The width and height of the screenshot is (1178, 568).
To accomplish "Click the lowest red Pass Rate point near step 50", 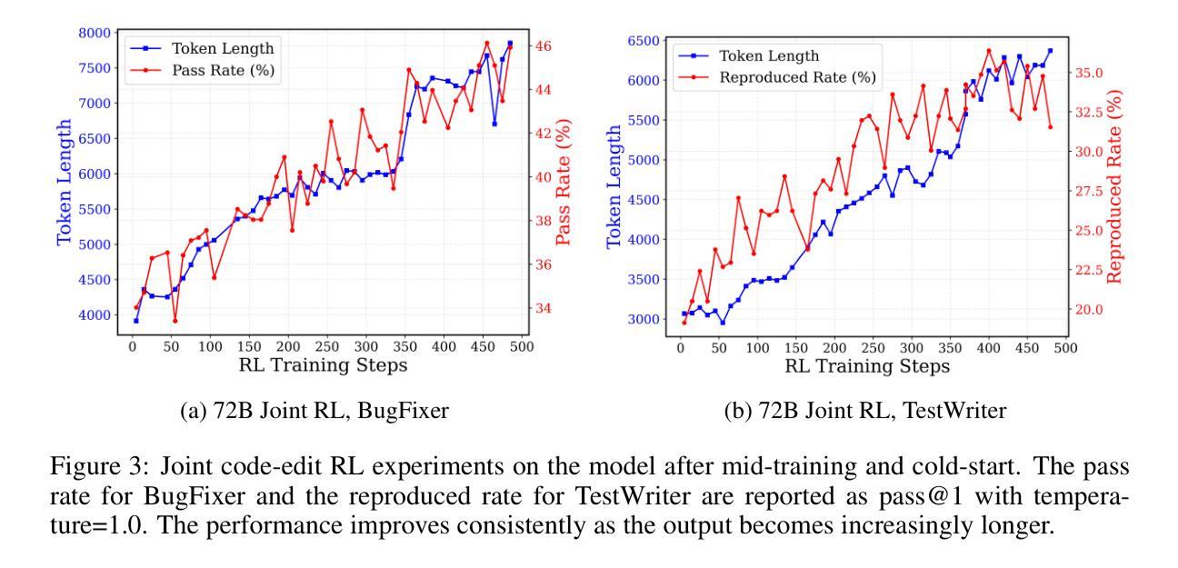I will point(175,321).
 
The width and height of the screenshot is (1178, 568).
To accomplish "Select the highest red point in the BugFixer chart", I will point(487,43).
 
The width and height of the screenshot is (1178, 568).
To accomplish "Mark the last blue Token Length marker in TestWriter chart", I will point(1050,51).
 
